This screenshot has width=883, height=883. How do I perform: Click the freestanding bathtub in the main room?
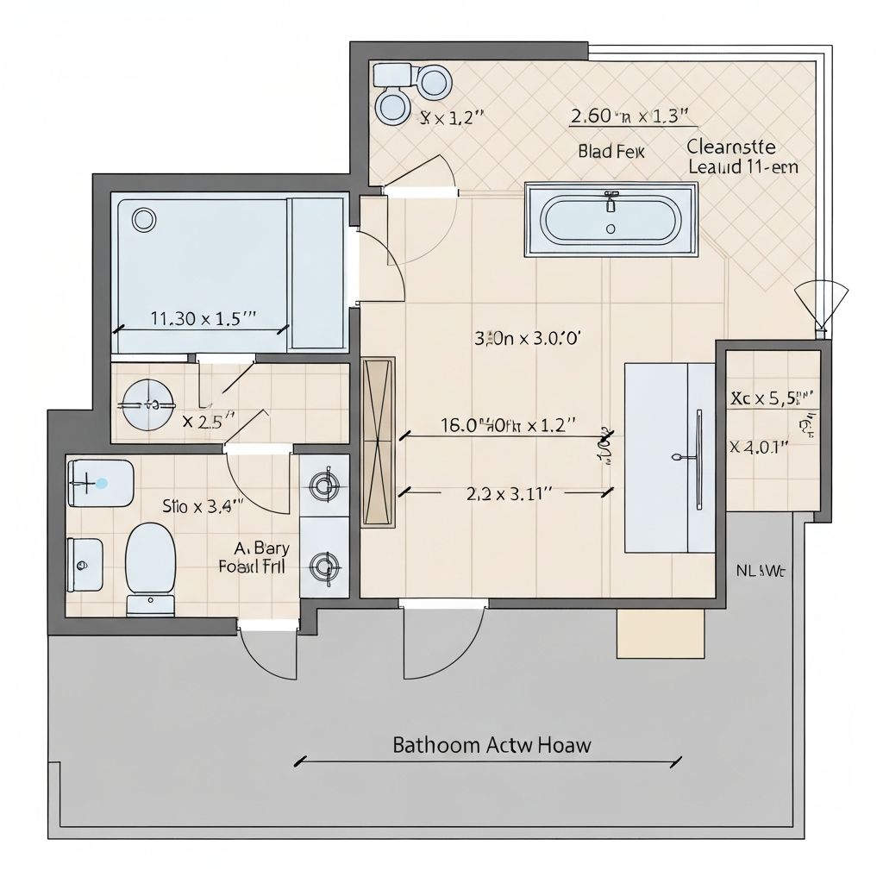611,219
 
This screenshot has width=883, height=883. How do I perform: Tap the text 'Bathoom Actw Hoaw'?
492,745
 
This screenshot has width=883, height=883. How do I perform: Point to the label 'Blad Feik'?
611,152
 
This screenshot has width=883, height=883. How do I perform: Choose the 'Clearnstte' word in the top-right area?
731,146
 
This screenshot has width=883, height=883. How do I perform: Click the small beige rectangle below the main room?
660,634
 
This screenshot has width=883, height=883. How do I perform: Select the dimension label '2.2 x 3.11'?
508,493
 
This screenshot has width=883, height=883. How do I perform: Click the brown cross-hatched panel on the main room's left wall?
379,441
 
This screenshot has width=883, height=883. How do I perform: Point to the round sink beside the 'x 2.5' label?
146,404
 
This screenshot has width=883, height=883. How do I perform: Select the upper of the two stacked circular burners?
325,485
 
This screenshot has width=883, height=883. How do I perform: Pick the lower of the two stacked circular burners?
325,567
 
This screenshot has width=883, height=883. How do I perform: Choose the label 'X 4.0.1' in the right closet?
759,447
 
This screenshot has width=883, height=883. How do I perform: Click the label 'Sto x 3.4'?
203,506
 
